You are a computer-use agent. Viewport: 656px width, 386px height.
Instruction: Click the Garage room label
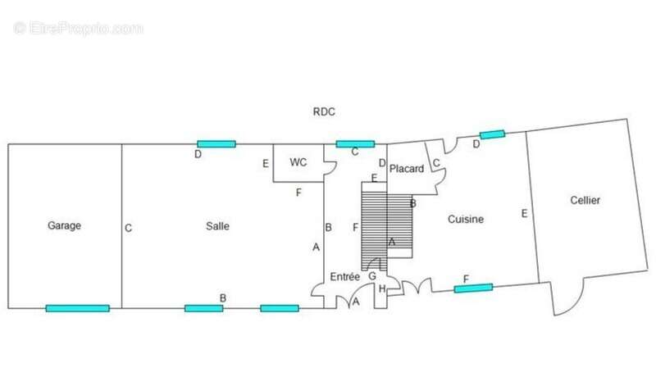pos(64,225)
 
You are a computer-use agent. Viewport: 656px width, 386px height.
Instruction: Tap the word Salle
pos(217,226)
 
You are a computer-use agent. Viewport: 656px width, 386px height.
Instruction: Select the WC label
pos(298,162)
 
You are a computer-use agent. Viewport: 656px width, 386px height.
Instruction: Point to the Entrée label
pos(344,276)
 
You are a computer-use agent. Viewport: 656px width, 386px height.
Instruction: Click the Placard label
pos(407,169)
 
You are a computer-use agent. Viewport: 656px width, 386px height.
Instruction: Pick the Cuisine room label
pos(466,219)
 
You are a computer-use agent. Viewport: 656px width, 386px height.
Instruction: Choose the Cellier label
pos(585,200)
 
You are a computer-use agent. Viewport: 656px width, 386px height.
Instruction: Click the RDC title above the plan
pos(324,111)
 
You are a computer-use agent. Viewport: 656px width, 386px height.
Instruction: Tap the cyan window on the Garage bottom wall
pos(77,308)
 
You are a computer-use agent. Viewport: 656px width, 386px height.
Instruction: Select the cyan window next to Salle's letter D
pos(216,144)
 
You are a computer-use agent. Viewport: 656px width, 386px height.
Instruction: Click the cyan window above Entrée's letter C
pos(355,144)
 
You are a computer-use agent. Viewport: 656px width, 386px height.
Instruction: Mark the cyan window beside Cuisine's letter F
pos(473,288)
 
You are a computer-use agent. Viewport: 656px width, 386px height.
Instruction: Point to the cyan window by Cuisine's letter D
pos(493,134)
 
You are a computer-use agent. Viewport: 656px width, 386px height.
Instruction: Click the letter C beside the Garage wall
pos(129,228)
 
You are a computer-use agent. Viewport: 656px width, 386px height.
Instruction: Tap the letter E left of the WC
pos(266,164)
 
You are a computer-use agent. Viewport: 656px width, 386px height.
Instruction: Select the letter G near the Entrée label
pos(372,276)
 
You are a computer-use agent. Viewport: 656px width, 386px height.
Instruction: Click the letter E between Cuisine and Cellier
pos(524,214)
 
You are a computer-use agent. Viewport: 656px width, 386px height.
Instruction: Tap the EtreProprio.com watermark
pos(78,29)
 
